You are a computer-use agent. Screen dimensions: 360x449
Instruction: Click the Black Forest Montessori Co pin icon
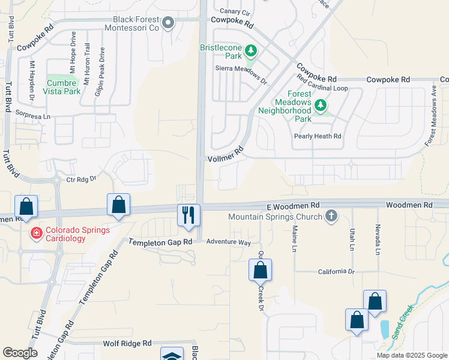(x=169, y=23)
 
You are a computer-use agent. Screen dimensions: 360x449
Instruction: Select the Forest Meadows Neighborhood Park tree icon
(x=321, y=106)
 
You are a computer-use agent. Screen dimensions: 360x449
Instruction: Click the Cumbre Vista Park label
(x=62, y=87)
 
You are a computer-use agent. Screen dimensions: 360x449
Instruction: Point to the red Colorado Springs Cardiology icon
(x=36, y=233)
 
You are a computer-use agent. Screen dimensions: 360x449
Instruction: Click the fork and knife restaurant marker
(x=188, y=215)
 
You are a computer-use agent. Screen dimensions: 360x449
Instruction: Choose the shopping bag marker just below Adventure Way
(x=260, y=270)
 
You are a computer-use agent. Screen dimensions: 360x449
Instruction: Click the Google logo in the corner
(x=20, y=353)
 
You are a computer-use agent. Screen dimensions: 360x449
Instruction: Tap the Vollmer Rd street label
(x=226, y=155)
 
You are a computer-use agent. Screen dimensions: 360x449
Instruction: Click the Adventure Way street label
(x=228, y=242)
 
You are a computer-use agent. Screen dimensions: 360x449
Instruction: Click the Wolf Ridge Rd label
(x=127, y=343)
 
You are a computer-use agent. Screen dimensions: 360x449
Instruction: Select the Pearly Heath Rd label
(x=318, y=136)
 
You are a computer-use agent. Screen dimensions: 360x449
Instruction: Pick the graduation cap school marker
(x=172, y=356)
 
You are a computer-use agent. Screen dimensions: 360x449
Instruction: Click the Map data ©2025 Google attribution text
(x=412, y=355)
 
